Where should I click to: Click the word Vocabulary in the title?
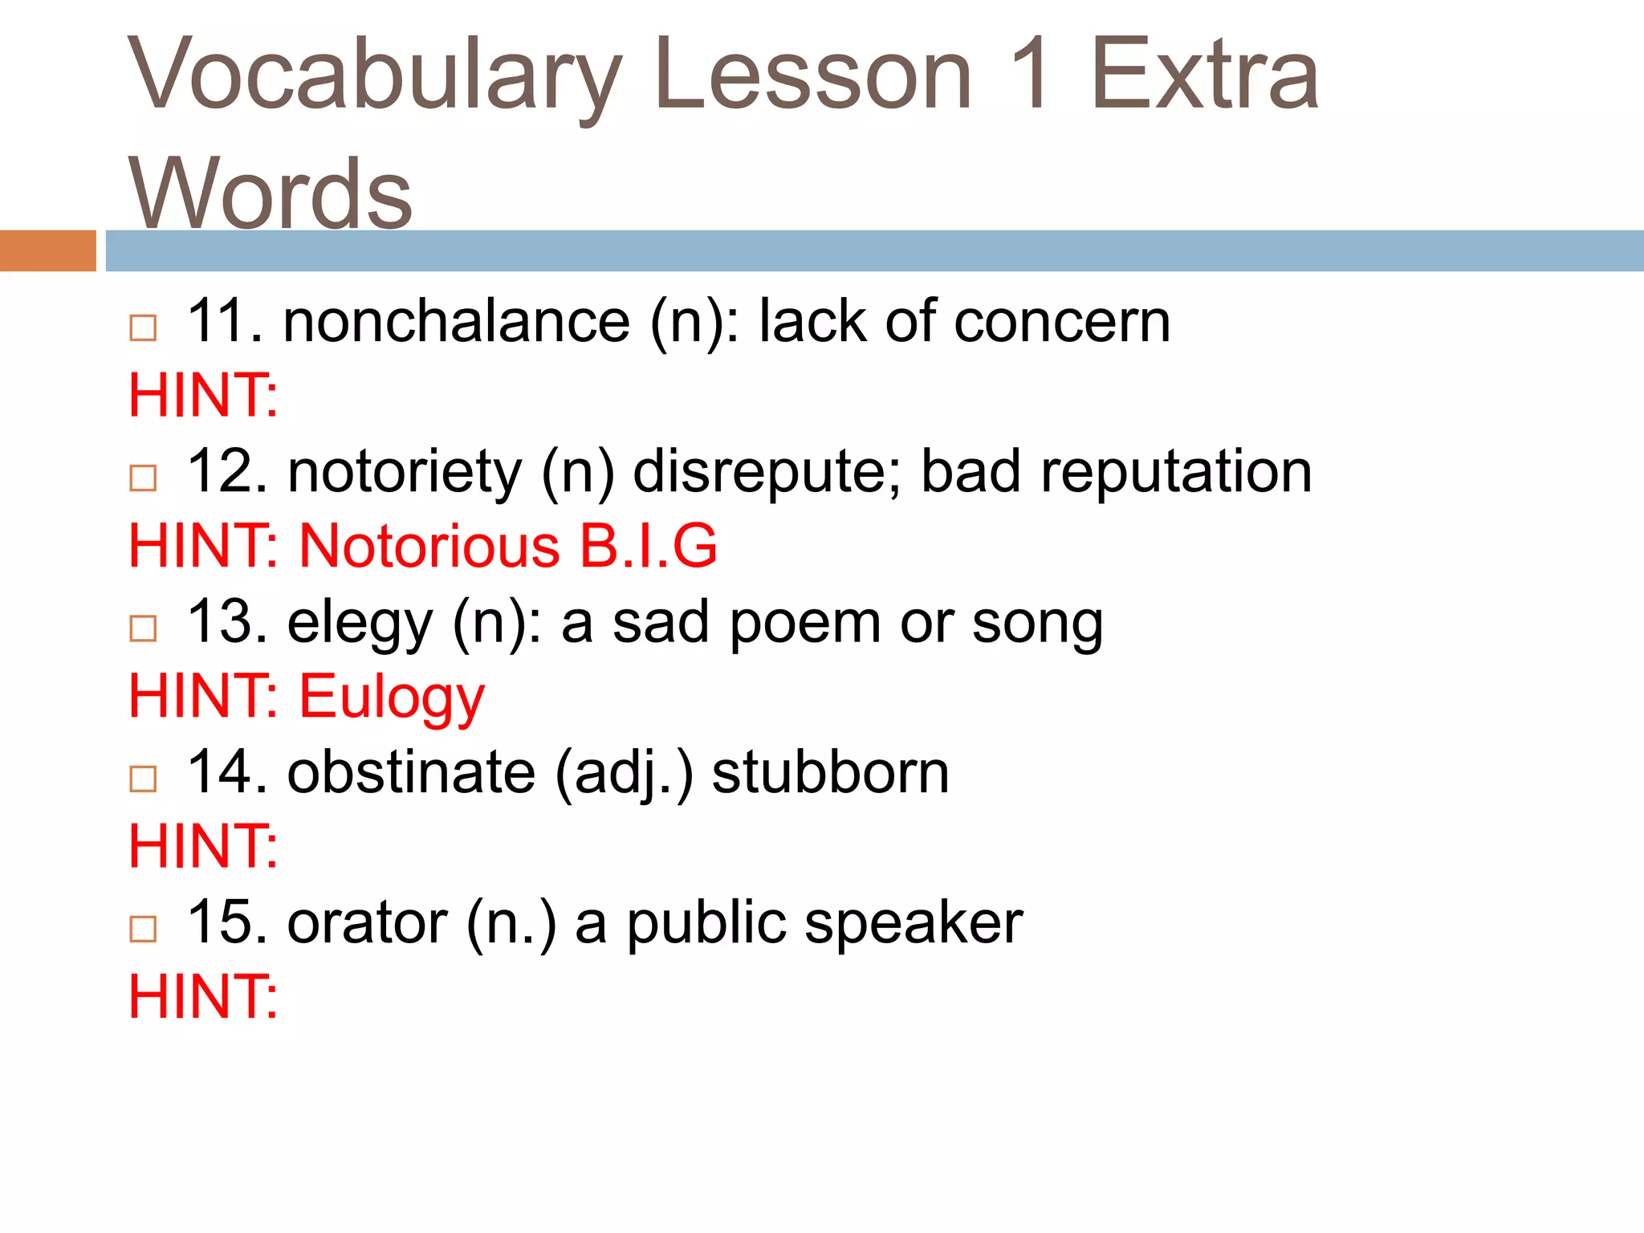374,76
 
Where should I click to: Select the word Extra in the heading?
1204,76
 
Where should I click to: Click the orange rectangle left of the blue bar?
47,250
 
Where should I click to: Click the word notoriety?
405,471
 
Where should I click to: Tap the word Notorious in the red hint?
429,546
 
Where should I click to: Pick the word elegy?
360,623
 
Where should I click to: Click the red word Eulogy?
392,698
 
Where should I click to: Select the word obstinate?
411,772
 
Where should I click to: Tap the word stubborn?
830,772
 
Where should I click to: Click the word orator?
367,922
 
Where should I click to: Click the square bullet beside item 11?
143,328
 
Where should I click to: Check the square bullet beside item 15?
143,929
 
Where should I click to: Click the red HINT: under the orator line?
203,996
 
